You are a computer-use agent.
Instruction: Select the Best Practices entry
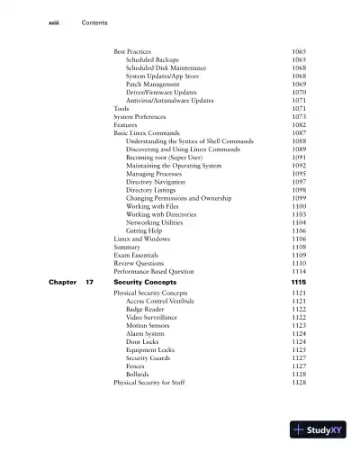(132, 51)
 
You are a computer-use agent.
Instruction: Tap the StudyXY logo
(319, 430)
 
